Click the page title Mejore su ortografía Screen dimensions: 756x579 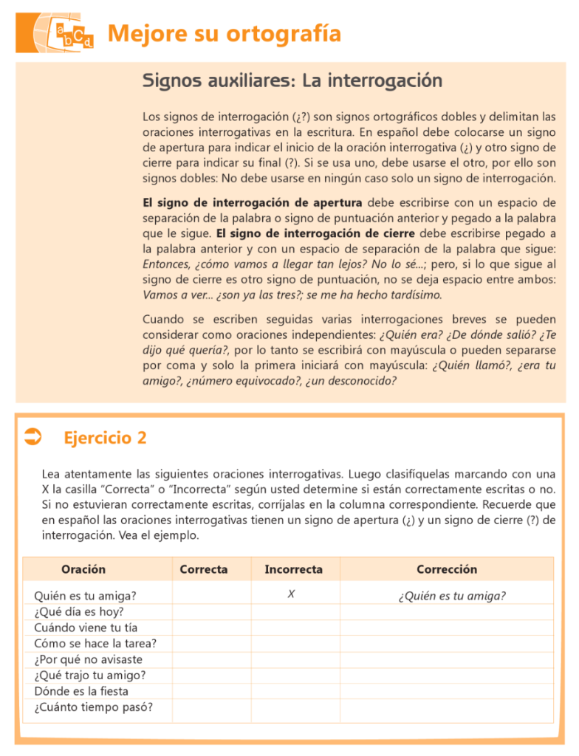pos(224,34)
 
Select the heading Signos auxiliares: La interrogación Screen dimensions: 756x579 pos(292,80)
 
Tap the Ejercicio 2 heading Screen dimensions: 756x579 pos(105,438)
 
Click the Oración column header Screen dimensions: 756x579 pos(83,569)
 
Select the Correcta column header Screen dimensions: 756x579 pos(204,569)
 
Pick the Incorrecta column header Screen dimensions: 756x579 pos(293,569)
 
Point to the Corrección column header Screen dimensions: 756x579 pos(446,569)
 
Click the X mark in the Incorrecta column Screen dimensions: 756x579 pos(292,594)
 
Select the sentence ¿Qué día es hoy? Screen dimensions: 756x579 pos(78,612)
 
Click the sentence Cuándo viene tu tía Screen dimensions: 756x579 pos(86,628)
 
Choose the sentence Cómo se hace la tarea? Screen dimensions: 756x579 pos(95,644)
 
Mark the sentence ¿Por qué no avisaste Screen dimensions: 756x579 pos(88,659)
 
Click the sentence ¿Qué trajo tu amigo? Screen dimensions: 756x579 pos(89,676)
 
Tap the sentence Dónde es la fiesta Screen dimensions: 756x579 pos(81,691)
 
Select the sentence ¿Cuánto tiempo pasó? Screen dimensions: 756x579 pos(93,707)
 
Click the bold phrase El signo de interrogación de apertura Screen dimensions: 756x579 pos(252,203)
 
